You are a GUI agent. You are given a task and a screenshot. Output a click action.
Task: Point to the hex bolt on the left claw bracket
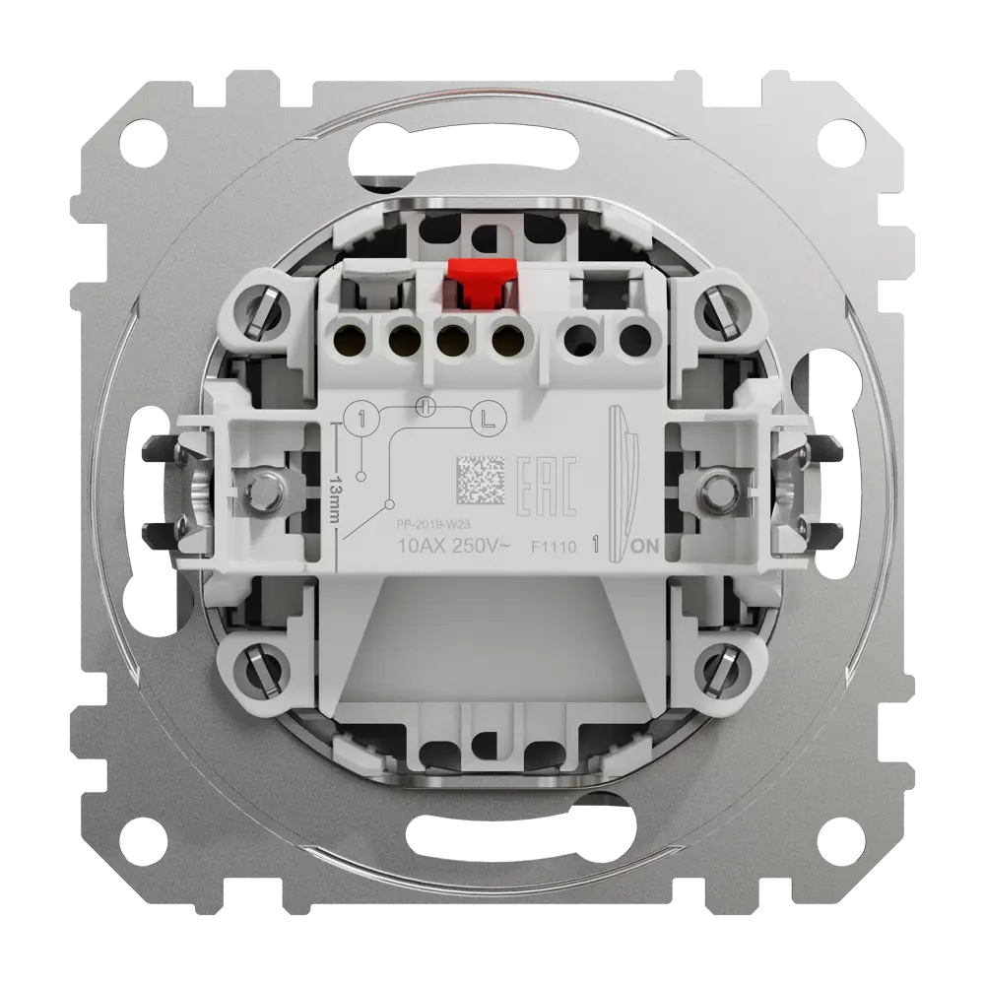point(263,489)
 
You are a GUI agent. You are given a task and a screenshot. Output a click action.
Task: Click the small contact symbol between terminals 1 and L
point(425,405)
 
